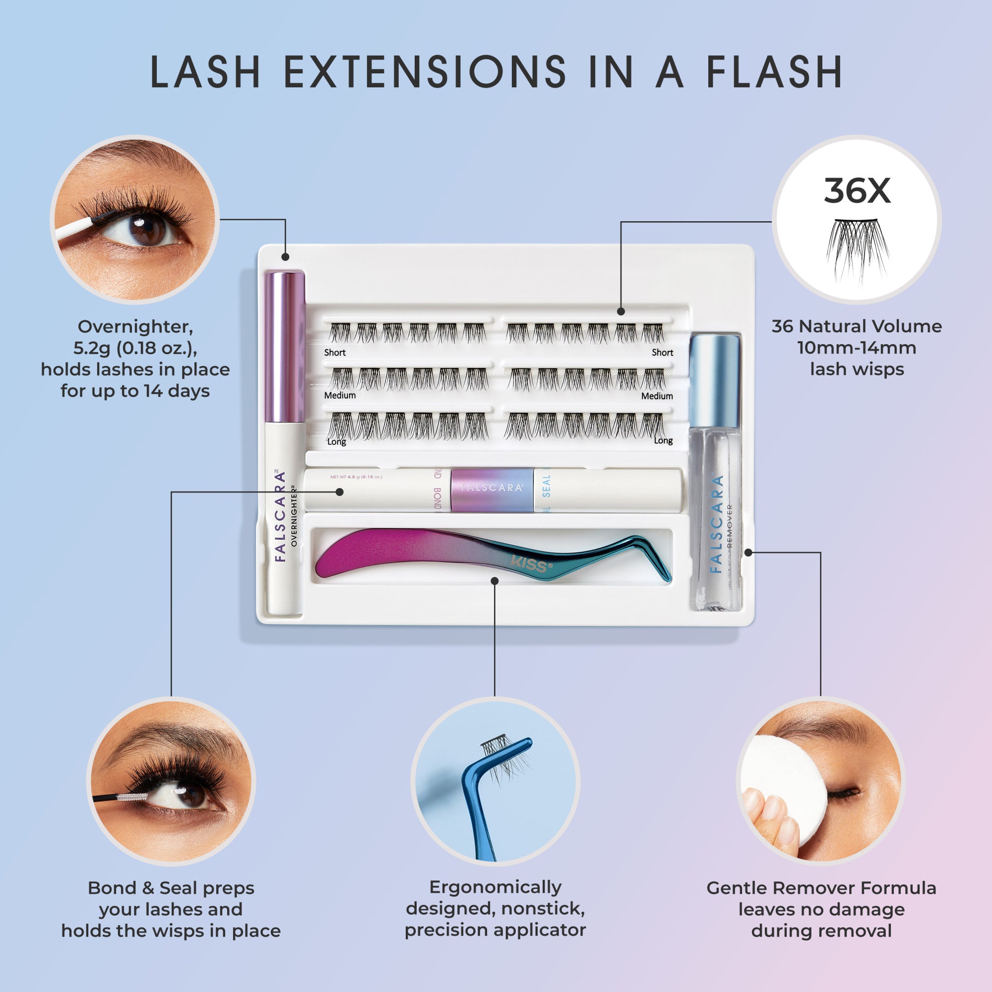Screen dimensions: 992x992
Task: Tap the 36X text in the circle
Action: click(857, 191)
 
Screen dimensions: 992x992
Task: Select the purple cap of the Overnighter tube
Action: click(285, 347)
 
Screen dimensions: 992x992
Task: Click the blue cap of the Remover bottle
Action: click(714, 381)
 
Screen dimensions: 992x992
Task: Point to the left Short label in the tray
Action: click(334, 353)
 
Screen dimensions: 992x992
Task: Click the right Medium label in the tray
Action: click(657, 396)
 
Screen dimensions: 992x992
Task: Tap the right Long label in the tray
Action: click(663, 440)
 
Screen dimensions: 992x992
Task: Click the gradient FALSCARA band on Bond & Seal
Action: click(492, 490)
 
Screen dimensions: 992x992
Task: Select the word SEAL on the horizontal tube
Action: click(546, 486)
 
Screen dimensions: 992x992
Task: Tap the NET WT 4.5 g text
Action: click(356, 477)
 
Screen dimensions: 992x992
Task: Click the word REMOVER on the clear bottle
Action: click(730, 526)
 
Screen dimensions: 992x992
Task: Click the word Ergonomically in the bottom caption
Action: click(495, 887)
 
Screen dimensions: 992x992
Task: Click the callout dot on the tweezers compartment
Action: click(495, 581)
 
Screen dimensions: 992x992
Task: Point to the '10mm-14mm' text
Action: click(857, 348)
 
